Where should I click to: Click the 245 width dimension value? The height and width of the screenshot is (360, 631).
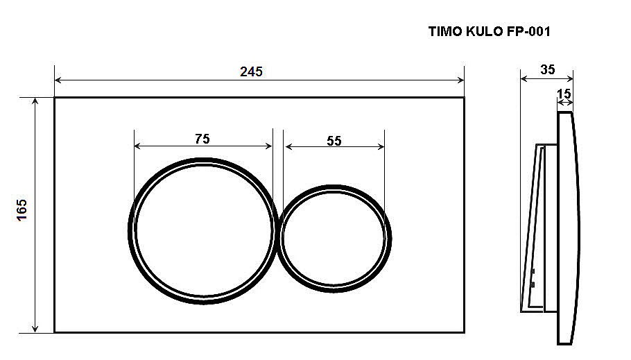click(251, 71)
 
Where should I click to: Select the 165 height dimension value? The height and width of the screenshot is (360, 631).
click(21, 210)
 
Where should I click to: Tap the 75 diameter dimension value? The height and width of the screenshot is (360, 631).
click(202, 139)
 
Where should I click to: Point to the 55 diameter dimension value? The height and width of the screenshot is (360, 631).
click(334, 140)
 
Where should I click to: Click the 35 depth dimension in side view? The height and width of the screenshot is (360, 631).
click(547, 69)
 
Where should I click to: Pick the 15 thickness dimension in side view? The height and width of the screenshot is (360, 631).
click(564, 93)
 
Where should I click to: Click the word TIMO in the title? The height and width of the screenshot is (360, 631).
click(444, 31)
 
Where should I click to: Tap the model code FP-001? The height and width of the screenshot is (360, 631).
click(530, 31)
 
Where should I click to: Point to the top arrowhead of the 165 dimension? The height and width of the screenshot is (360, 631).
click(35, 101)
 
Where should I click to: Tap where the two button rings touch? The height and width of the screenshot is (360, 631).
click(278, 232)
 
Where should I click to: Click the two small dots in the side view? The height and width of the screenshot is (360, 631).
click(533, 277)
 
